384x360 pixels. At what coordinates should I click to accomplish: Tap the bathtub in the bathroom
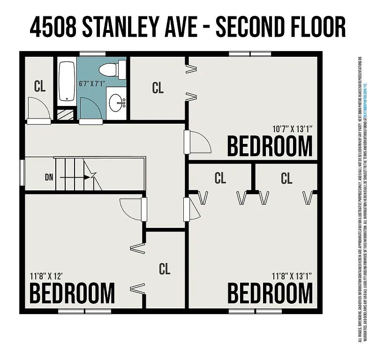(x=67, y=82)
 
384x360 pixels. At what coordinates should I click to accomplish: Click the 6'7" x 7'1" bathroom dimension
(x=92, y=84)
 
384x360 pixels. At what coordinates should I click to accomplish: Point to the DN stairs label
(x=49, y=177)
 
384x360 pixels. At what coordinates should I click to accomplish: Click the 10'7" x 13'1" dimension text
(x=292, y=128)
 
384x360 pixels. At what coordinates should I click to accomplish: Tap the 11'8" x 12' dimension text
(x=45, y=276)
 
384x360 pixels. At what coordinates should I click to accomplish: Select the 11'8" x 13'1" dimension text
(x=292, y=276)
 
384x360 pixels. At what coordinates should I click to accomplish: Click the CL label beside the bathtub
(x=40, y=86)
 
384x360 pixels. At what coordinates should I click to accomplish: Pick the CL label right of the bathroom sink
(x=158, y=88)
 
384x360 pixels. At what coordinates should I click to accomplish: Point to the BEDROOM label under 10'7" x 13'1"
(x=270, y=146)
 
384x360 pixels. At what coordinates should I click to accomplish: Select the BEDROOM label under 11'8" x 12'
(x=72, y=293)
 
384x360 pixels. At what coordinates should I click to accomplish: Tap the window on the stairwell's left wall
(x=22, y=174)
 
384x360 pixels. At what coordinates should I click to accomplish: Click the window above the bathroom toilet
(x=92, y=54)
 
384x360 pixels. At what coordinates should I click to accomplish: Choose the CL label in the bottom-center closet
(x=164, y=269)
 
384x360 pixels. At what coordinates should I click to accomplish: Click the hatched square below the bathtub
(x=66, y=114)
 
